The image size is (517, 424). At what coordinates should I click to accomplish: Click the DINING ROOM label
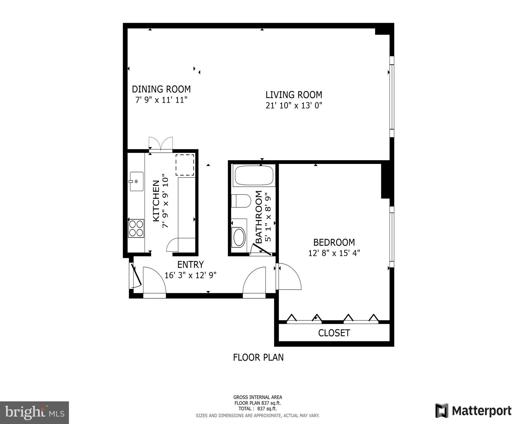pos(161,89)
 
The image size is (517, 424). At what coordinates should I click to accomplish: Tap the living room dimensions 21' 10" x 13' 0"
pos(294,105)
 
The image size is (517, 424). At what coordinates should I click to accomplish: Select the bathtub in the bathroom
pos(254,175)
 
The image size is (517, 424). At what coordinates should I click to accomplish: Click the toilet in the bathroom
pos(241,201)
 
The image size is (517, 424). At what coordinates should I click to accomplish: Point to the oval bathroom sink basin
pos(239,237)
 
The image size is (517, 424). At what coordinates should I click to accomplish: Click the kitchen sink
pos(136,181)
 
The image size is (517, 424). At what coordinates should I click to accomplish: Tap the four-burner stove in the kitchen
pos(136,228)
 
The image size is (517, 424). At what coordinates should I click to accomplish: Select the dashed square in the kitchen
pos(185,165)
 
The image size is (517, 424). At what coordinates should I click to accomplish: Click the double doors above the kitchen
pos(161,144)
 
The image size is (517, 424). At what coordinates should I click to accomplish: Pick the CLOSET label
pos(334,333)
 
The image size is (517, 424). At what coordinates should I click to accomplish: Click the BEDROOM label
pos(334,242)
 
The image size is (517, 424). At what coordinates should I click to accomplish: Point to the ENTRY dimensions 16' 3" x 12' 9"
pos(190,275)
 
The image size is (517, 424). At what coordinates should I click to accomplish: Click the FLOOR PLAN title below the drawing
pos(258,357)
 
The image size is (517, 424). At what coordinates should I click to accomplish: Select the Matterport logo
pos(473,411)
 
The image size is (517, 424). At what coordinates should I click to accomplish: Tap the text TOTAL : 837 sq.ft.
pos(258,409)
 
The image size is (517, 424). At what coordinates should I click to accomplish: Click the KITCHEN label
pos(156,201)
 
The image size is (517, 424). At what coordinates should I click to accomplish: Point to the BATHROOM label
pos(259,217)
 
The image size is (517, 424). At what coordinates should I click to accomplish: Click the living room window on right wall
pos(392,97)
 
